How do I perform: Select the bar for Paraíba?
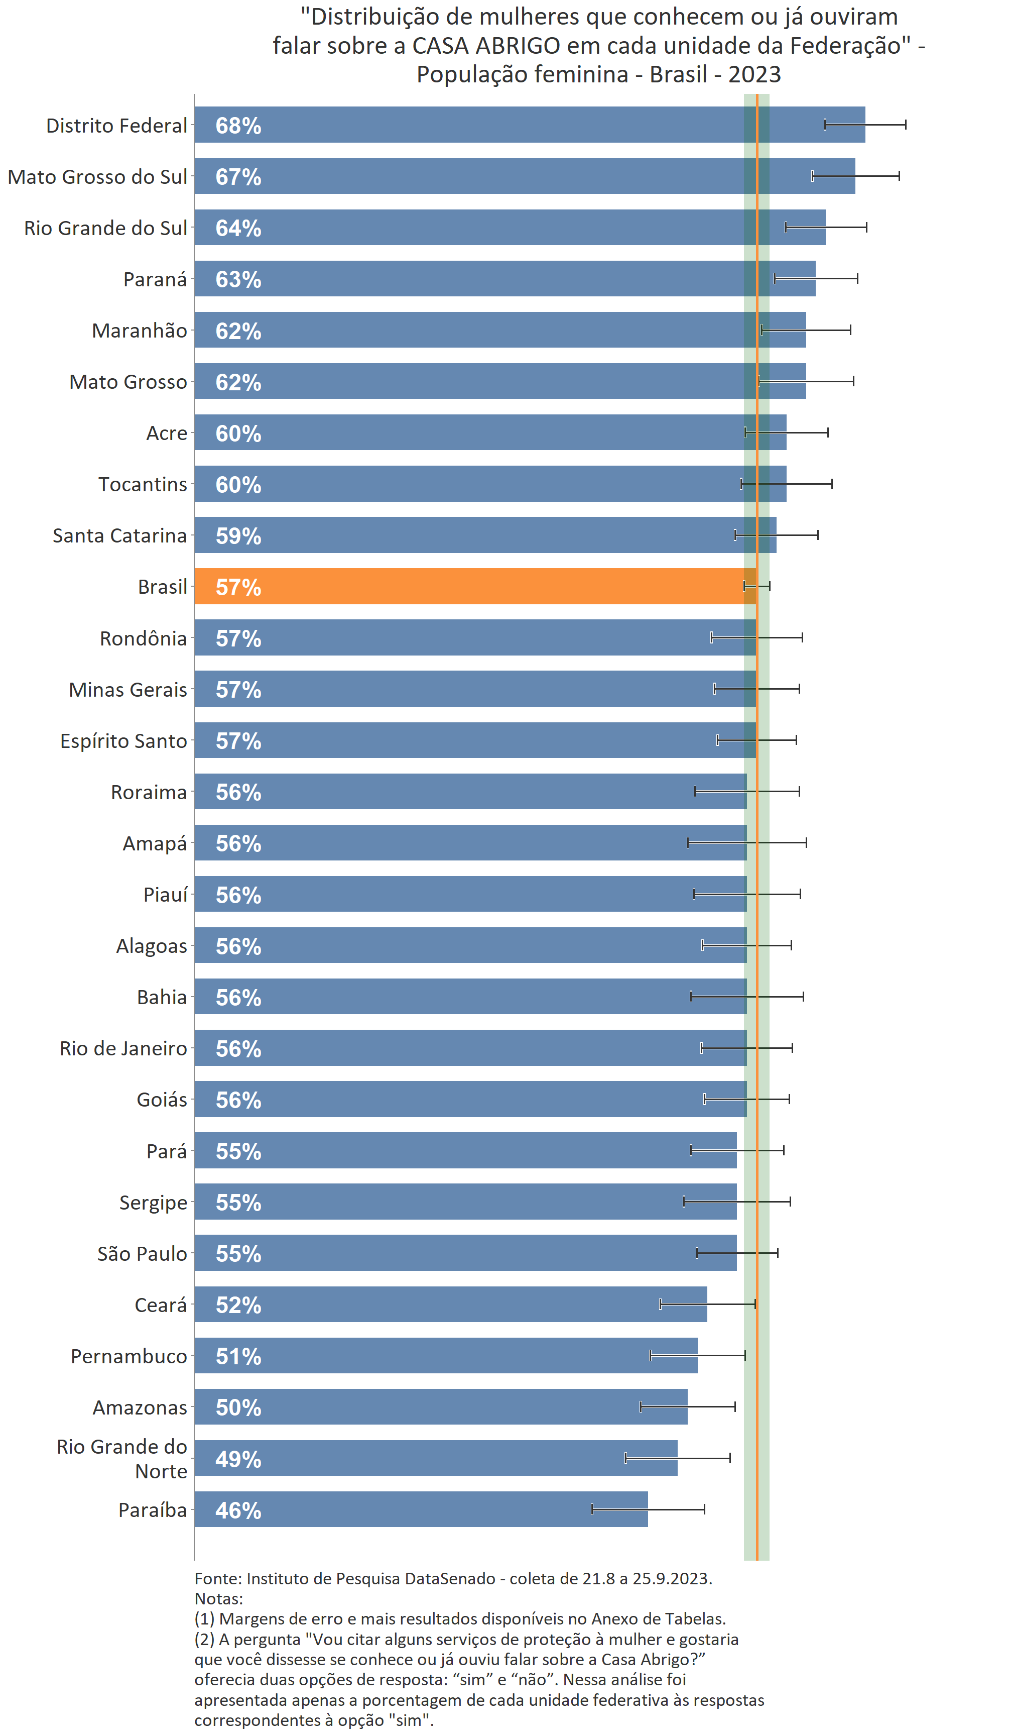(x=420, y=1509)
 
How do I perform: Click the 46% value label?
(x=238, y=1510)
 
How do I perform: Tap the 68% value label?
(x=238, y=126)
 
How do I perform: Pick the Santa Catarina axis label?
(x=120, y=535)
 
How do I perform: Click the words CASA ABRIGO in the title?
(x=486, y=46)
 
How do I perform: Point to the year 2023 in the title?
(x=754, y=74)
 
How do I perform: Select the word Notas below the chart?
(x=217, y=1598)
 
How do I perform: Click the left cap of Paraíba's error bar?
(x=592, y=1509)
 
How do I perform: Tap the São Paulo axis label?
(x=142, y=1253)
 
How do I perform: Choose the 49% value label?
(x=238, y=1459)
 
